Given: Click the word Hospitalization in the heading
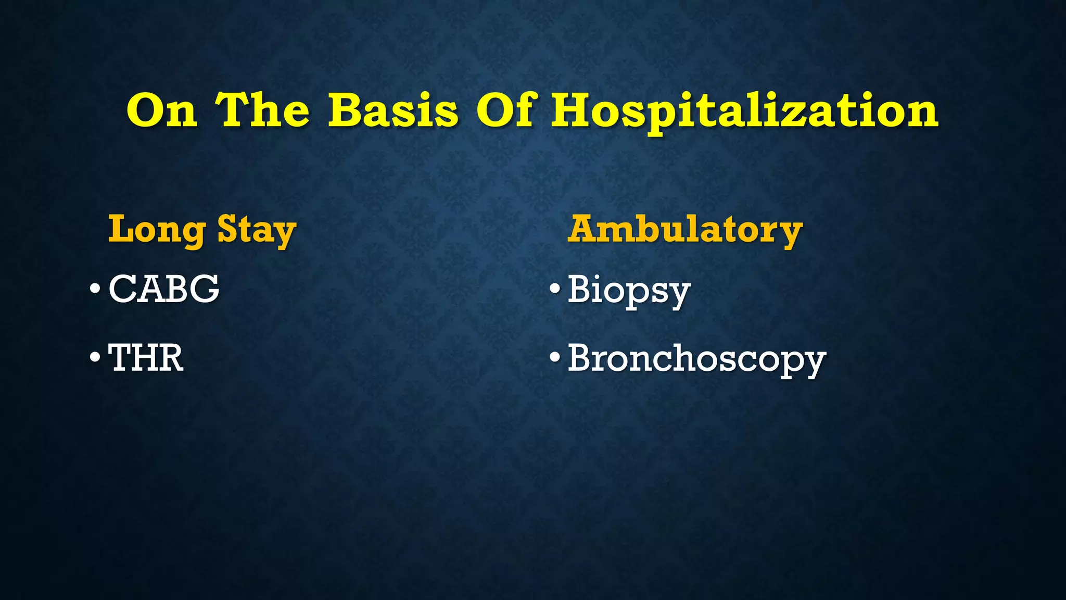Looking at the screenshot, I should (x=744, y=112).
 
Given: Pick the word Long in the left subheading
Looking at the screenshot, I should (x=157, y=230).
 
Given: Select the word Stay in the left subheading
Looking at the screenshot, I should (x=257, y=230).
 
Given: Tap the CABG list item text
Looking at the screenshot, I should (x=164, y=289).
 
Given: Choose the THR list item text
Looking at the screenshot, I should (x=146, y=358).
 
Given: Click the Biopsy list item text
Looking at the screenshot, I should (x=629, y=290).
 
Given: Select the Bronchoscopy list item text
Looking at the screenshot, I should (x=696, y=359).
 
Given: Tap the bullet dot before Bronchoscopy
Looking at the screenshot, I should (x=555, y=358).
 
